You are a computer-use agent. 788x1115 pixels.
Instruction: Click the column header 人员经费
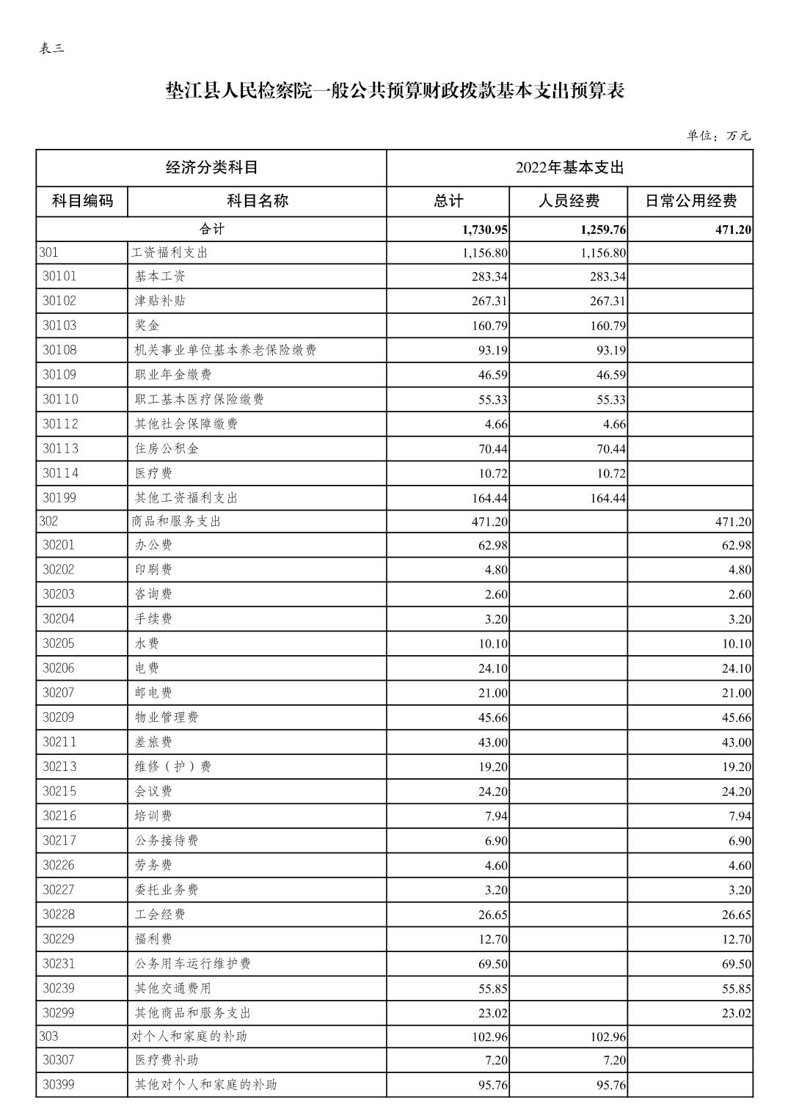click(569, 201)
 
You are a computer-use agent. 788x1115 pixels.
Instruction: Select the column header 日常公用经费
click(690, 201)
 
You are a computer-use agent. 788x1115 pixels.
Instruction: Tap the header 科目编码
click(82, 201)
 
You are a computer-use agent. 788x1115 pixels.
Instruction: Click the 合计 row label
click(211, 229)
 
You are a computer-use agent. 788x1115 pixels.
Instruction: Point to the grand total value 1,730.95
click(485, 230)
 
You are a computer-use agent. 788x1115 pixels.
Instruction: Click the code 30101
click(59, 277)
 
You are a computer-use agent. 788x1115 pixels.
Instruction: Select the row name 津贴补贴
click(160, 301)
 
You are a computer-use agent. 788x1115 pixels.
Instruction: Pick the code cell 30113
click(59, 448)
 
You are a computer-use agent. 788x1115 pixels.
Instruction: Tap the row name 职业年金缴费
click(173, 375)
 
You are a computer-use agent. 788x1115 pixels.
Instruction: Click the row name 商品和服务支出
click(176, 522)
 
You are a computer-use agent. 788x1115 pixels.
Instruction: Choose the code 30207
click(59, 692)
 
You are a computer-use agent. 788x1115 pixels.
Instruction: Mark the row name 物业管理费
click(167, 717)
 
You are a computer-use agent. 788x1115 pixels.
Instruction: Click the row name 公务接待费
click(167, 841)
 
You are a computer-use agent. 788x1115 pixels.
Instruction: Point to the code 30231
click(59, 963)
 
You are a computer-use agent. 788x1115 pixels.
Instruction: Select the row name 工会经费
click(160, 914)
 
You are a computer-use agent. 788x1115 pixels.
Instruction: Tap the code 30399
click(59, 1084)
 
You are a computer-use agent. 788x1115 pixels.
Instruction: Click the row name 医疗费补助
click(167, 1060)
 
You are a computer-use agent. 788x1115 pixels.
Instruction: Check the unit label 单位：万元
click(718, 136)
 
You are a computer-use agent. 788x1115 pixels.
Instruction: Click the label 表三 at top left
click(51, 49)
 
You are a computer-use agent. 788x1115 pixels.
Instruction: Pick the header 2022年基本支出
click(569, 168)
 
